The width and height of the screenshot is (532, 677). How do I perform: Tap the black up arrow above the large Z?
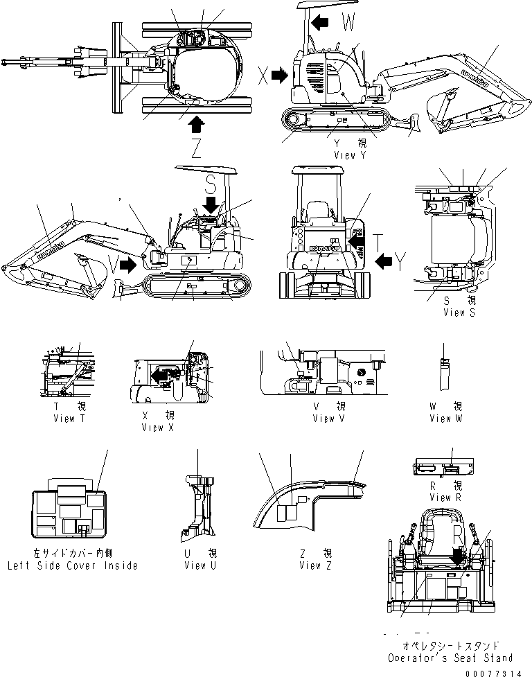tap(196, 124)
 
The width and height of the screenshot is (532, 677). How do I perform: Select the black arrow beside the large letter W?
tap(321, 23)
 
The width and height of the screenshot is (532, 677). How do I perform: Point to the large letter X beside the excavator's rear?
tap(263, 76)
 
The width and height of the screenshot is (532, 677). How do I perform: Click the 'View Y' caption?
tap(350, 155)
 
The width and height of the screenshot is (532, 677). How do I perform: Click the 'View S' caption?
tap(459, 313)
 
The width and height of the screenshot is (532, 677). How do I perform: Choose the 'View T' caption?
tap(69, 419)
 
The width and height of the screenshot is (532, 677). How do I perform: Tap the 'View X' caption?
tap(157, 428)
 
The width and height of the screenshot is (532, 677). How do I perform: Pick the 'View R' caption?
tap(450, 498)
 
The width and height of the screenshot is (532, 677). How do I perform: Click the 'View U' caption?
tap(195, 565)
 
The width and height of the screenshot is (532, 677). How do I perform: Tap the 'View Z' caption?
tap(315, 565)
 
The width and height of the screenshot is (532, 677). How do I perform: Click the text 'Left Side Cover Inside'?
tap(72, 565)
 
